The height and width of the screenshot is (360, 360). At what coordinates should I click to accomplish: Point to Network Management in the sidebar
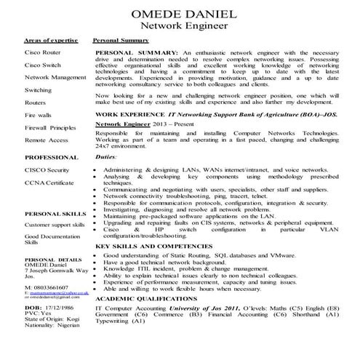tap(55, 77)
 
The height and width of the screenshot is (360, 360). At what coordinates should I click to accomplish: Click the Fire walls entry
tap(39, 115)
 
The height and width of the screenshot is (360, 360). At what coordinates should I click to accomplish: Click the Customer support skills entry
tap(55, 226)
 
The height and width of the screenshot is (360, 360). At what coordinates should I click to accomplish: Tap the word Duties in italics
tap(106, 156)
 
